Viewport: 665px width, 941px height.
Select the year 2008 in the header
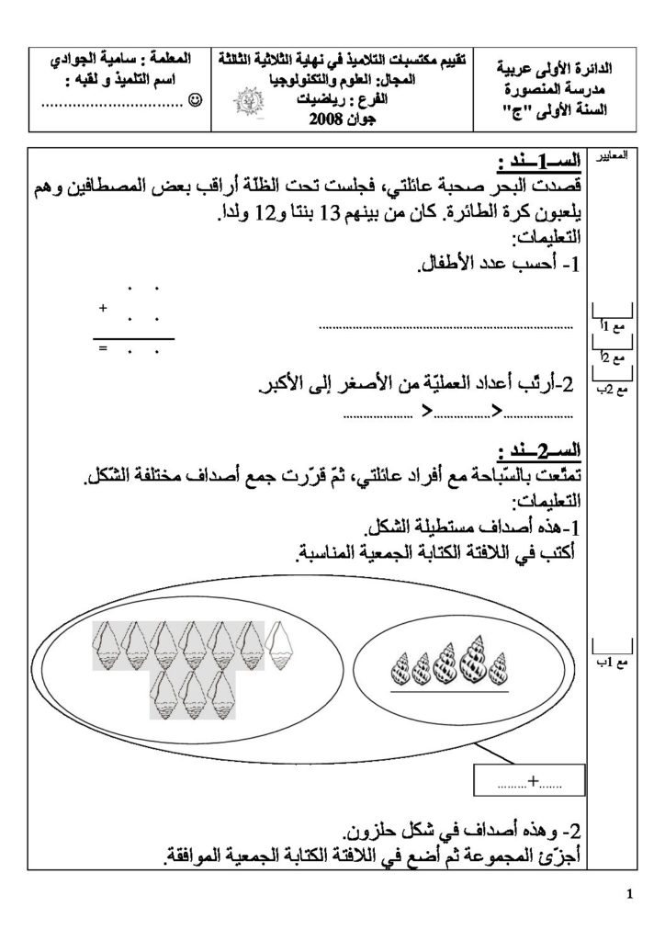tap(330, 120)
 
